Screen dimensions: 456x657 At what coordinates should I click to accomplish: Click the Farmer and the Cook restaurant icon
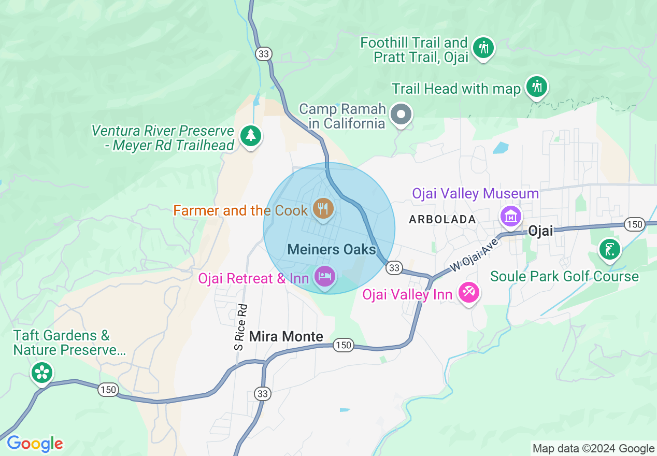[324, 209]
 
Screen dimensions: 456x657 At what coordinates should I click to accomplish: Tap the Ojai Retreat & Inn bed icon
[325, 275]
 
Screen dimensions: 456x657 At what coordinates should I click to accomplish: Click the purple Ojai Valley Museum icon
[511, 216]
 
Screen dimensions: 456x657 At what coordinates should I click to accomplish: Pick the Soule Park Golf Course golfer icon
[609, 249]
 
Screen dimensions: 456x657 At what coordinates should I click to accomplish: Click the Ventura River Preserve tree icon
[251, 136]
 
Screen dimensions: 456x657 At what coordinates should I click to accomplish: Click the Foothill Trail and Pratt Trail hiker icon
[483, 48]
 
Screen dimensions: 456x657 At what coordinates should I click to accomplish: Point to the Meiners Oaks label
[332, 249]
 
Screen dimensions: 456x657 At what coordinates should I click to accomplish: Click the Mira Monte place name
[286, 336]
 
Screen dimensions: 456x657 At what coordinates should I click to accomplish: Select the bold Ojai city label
[540, 231]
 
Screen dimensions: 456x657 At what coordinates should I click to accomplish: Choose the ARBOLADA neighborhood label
[442, 220]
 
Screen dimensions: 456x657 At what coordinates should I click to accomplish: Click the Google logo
[35, 444]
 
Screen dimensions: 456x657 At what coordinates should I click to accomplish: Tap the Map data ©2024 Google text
[593, 449]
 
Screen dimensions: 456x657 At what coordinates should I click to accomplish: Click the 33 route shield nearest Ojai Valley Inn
[394, 267]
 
